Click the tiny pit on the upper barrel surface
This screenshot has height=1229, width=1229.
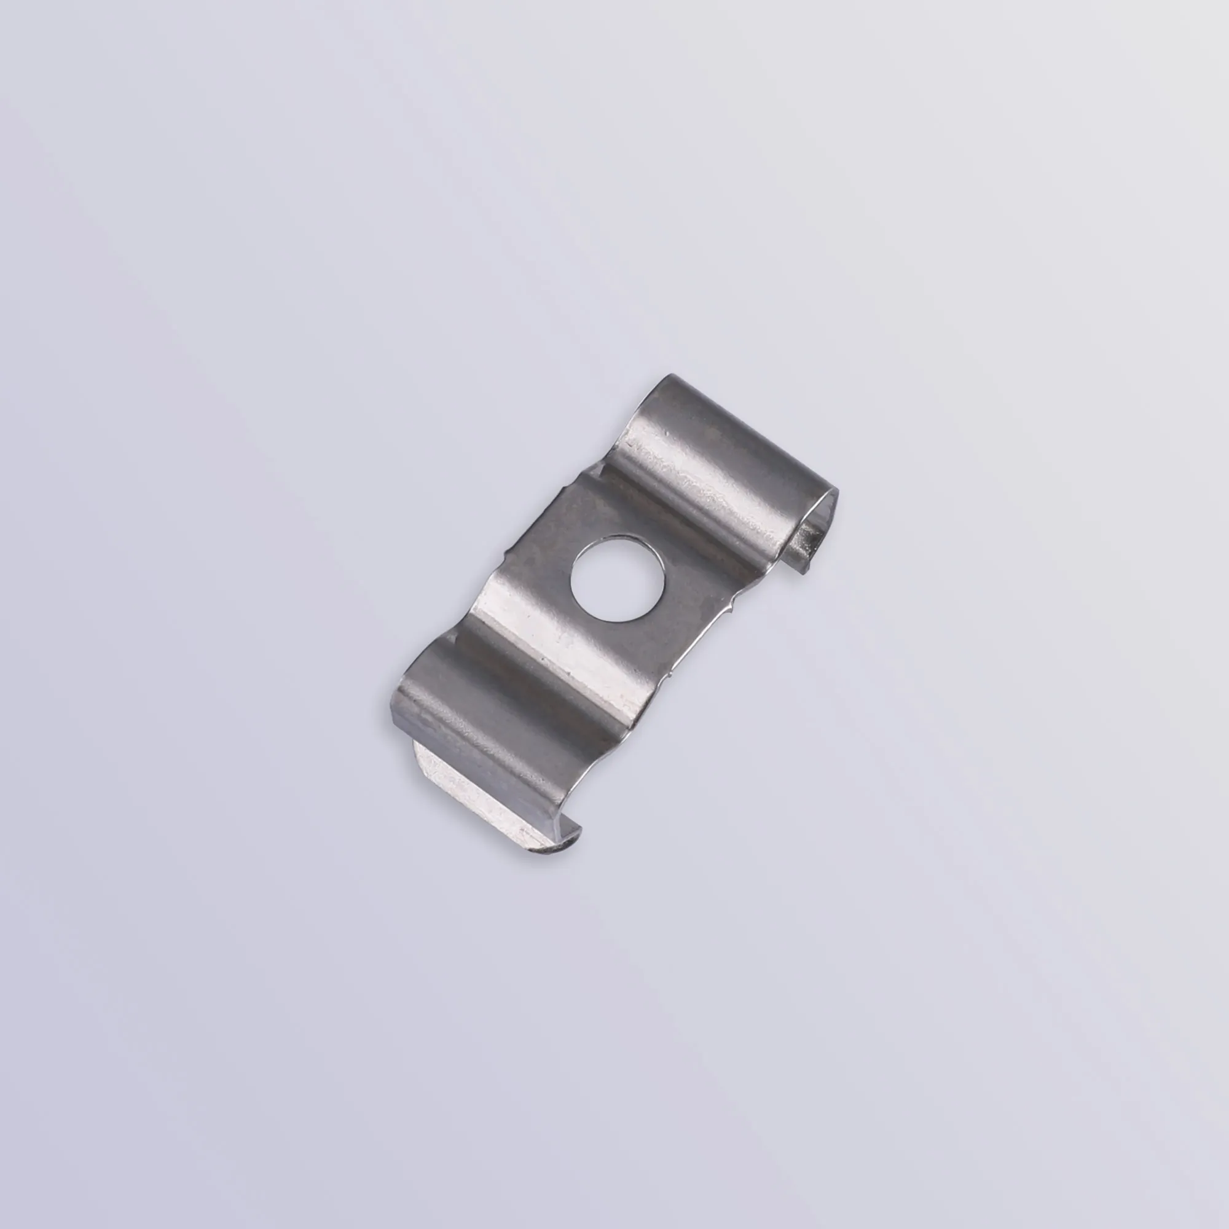668,433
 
